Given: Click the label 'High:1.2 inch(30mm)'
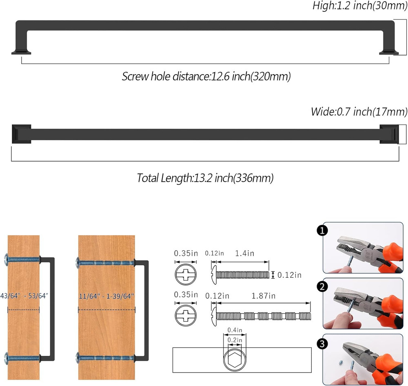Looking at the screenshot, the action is point(360,6).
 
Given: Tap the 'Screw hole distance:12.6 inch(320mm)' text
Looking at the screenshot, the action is point(206,77).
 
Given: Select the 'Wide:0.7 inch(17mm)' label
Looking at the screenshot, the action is point(359,112).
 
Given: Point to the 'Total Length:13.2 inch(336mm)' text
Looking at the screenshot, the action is point(205,178).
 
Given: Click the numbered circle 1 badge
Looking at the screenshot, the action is point(322,230).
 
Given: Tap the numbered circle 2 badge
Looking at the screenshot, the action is point(322,287).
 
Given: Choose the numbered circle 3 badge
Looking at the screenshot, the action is point(322,344).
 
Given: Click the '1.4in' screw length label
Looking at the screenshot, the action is point(244,253).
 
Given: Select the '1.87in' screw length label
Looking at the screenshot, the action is point(263,296).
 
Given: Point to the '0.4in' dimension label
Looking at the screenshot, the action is point(235,330).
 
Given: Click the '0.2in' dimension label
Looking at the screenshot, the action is point(235,340).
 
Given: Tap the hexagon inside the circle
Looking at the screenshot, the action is point(235,360).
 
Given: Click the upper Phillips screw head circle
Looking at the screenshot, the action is point(186,274).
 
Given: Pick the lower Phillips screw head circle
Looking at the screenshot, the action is point(186,315).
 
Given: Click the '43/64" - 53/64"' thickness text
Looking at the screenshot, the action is point(24,296).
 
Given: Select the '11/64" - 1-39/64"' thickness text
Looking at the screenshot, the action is point(106,296).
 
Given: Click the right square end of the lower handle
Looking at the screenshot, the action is point(389,134).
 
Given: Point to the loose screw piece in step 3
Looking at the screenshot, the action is point(341,362).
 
